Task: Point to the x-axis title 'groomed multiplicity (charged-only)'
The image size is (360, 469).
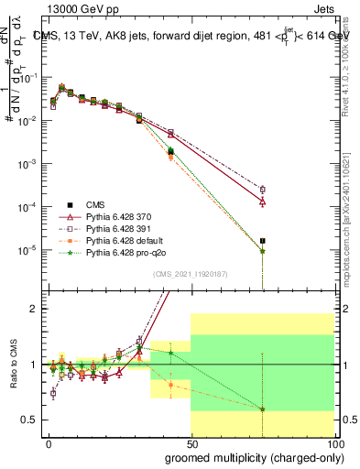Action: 249,456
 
